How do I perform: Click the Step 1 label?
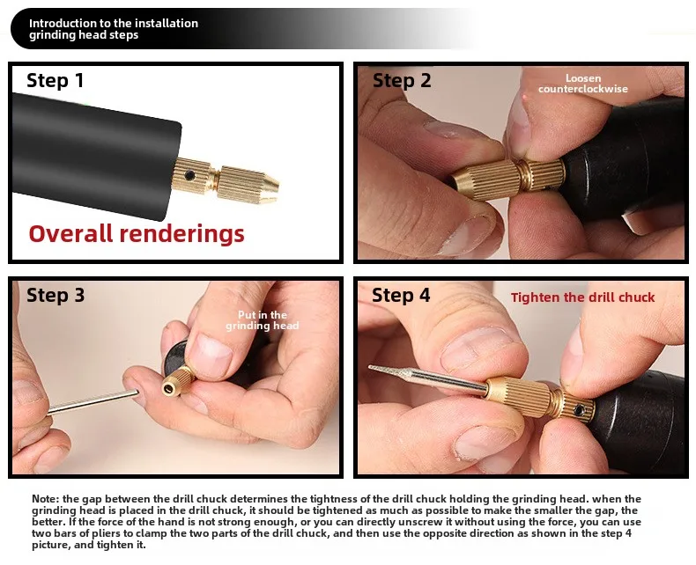point(56,81)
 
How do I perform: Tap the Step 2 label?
point(402,81)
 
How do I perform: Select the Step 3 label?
point(56,295)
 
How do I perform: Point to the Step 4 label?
point(401,295)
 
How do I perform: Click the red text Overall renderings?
point(137,234)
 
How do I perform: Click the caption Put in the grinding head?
point(263,320)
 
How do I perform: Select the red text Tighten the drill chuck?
point(582,297)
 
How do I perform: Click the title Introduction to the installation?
point(114,23)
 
